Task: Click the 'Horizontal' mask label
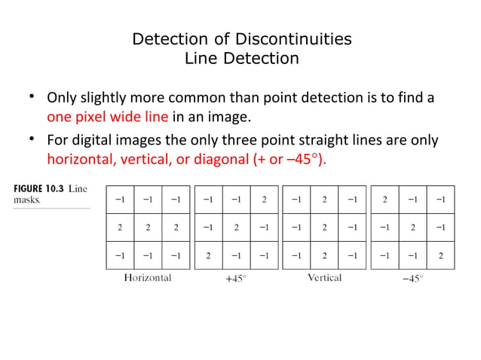point(147,278)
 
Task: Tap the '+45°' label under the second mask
point(236,278)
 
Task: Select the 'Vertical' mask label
point(324,278)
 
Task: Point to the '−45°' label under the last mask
point(412,278)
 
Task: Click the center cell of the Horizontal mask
point(149,227)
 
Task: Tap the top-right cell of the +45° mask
point(263,200)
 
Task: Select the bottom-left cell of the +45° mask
point(208,255)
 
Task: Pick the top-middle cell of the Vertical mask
point(324,200)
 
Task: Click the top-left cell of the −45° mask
point(385,200)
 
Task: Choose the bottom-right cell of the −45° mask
point(440,255)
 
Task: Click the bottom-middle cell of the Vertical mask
point(324,255)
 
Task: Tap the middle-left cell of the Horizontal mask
point(121,227)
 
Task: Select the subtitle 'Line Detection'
point(241,58)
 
